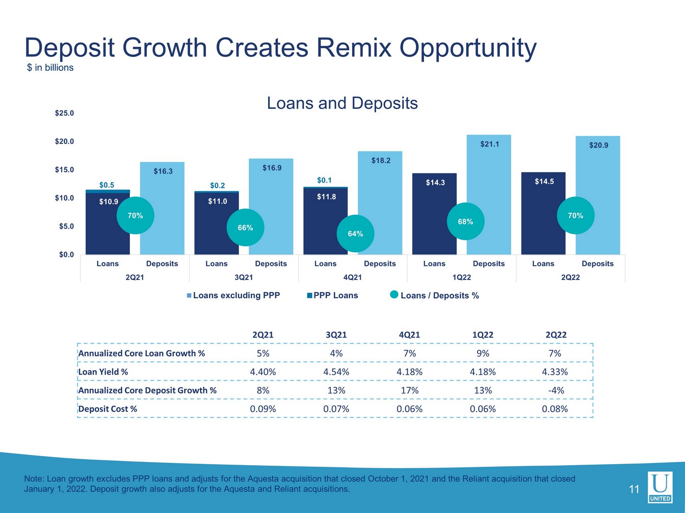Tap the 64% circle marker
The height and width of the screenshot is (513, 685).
[355, 234]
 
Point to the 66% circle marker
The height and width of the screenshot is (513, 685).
[245, 227]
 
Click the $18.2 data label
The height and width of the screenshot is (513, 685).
[381, 160]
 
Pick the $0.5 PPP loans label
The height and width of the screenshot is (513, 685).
[107, 185]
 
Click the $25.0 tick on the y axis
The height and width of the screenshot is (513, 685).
[64, 113]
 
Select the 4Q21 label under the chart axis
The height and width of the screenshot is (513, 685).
[352, 277]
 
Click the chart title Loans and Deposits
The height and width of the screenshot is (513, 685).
[342, 103]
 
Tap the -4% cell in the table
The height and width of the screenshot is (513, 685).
[556, 390]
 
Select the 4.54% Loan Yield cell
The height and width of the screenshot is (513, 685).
[336, 372]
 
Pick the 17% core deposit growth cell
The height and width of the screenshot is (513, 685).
[409, 390]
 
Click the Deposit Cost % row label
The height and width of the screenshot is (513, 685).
[108, 409]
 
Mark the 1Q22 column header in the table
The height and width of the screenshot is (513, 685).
[483, 334]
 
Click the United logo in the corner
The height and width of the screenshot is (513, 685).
[660, 487]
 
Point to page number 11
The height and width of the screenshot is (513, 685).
[634, 490]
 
